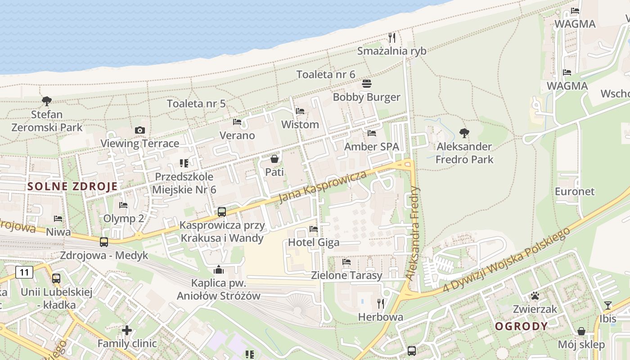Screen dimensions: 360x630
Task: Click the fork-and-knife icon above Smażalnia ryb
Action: pos(392,37)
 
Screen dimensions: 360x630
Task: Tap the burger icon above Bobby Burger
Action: pos(367,84)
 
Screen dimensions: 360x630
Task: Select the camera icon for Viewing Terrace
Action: pos(140,130)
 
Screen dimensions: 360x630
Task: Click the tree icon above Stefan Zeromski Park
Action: pos(46,101)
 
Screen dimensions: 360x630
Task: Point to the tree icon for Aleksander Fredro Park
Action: pos(464,133)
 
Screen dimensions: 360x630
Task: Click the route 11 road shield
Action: pos(24,272)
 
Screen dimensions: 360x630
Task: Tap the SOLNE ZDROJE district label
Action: pos(72,186)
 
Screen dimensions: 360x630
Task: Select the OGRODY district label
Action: pos(522,326)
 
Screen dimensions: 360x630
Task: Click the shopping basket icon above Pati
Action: pos(274,158)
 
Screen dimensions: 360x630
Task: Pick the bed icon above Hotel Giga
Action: pos(314,229)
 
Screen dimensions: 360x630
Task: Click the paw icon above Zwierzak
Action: pos(535,296)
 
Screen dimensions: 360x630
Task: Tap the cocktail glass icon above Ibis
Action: pos(608,306)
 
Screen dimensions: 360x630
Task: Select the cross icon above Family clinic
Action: pos(127,330)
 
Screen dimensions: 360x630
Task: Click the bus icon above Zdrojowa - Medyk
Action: pos(104,242)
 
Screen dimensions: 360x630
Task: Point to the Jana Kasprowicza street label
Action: pos(322,187)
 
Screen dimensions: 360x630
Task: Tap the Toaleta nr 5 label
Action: pos(196,103)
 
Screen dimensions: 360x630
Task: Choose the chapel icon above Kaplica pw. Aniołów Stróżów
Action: pos(219,270)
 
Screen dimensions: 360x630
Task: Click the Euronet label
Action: pos(575,191)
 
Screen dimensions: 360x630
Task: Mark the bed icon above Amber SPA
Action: pos(372,133)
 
